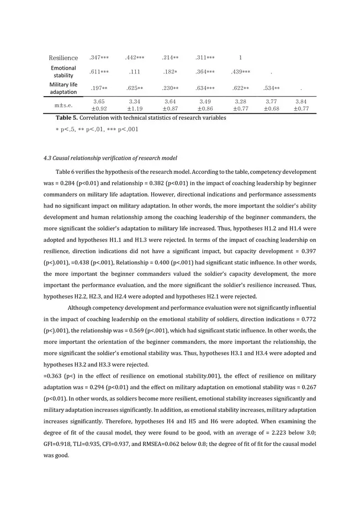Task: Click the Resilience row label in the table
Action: point(63,58)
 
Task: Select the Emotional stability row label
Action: point(63,71)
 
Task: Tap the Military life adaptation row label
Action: point(63,88)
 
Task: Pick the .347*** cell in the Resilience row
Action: point(99,57)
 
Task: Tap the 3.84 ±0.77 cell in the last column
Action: point(301,105)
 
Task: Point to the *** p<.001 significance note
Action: point(124,129)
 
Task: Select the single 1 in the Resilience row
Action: point(240,57)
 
